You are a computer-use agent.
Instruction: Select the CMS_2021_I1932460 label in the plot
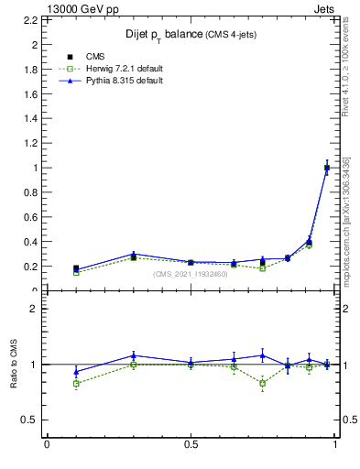pyautogui.click(x=191, y=274)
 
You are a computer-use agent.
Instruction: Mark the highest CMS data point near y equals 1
pyautogui.click(x=327, y=168)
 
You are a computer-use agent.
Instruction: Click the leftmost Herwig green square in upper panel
pyautogui.click(x=76, y=272)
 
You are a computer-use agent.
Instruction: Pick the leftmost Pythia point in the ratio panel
pyautogui.click(x=76, y=372)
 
